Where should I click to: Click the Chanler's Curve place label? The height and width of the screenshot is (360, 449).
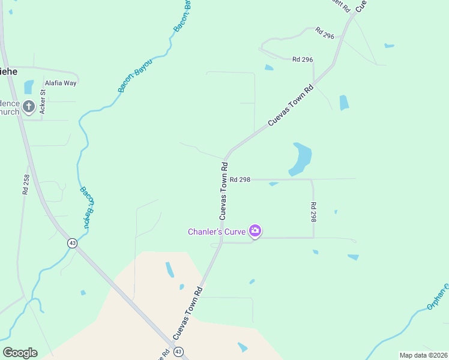pyautogui.click(x=218, y=232)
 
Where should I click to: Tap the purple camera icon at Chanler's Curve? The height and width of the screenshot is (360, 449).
pyautogui.click(x=255, y=230)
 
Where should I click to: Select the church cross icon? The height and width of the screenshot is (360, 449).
pyautogui.click(x=29, y=108)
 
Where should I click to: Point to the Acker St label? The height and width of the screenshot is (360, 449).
pyautogui.click(x=43, y=101)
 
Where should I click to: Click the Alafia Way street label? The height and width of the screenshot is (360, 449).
pyautogui.click(x=61, y=83)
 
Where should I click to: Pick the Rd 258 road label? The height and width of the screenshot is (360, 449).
pyautogui.click(x=26, y=184)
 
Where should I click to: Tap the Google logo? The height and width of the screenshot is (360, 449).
pyautogui.click(x=20, y=353)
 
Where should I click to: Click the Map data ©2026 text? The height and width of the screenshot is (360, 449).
pyautogui.click(x=423, y=355)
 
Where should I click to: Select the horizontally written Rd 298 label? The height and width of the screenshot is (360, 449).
pyautogui.click(x=240, y=179)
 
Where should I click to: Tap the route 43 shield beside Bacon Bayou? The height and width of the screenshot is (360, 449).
pyautogui.click(x=72, y=244)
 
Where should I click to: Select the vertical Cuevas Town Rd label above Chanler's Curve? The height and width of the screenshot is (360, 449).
pyautogui.click(x=223, y=190)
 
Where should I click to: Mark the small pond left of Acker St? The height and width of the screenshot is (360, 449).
pyautogui.click(x=29, y=87)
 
